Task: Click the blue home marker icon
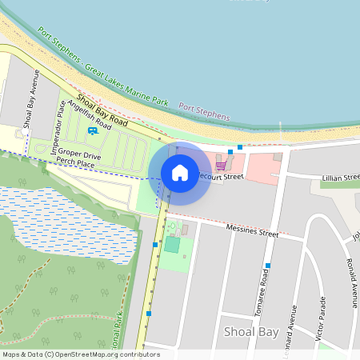pos(180,172)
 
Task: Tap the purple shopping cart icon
pos(220,166)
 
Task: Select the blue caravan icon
pos(93,130)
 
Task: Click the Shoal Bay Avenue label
pos(31,98)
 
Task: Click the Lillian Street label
pos(340,177)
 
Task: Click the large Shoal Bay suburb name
pos(250,331)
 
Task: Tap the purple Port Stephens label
pos(203,111)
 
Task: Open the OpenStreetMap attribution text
pos(80,354)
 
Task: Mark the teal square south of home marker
pos(172,244)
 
